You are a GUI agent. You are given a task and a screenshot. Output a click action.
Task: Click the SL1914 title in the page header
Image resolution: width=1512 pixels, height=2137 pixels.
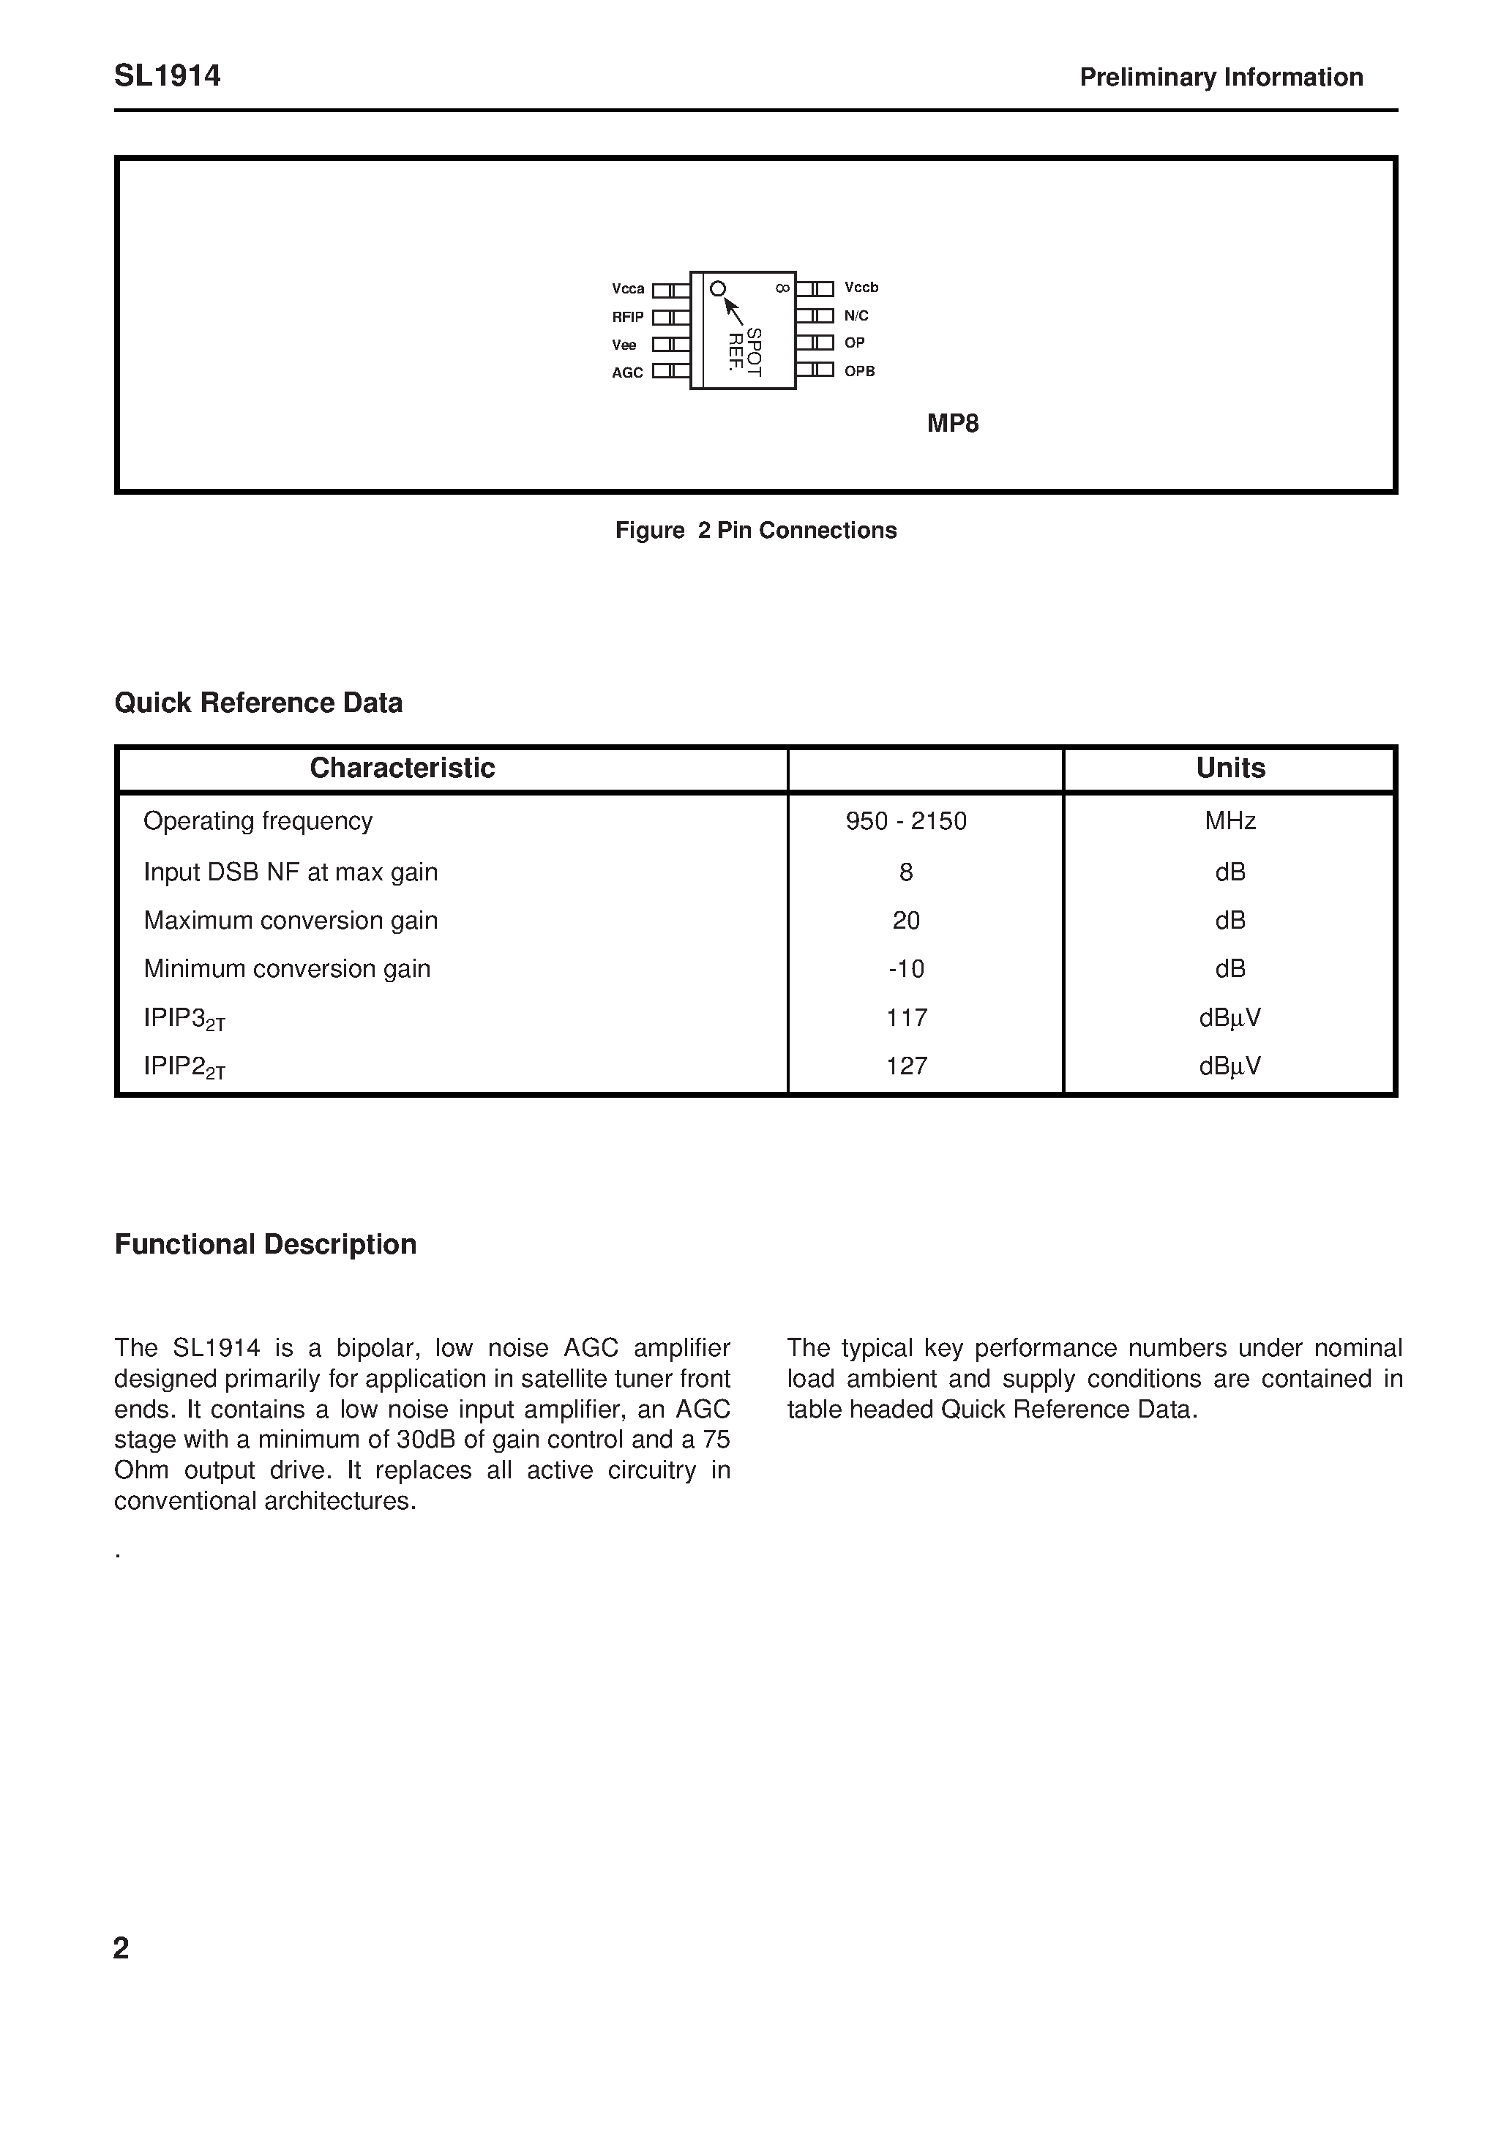click(168, 75)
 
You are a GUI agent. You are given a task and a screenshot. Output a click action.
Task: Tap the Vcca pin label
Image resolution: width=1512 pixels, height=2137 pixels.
click(629, 288)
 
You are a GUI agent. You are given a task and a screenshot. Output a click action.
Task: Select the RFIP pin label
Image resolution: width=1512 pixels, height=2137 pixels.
click(627, 316)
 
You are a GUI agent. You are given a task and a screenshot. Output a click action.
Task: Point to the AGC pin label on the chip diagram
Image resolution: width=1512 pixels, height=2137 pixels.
click(627, 373)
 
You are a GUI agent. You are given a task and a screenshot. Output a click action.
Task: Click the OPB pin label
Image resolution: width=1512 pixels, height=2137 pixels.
click(859, 370)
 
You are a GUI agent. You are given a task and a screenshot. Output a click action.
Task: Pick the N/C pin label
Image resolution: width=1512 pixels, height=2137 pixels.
click(856, 315)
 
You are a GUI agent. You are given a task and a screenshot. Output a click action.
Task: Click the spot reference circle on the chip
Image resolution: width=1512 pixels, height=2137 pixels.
click(718, 290)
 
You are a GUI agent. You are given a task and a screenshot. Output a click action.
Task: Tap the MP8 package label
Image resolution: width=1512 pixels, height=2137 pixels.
click(952, 424)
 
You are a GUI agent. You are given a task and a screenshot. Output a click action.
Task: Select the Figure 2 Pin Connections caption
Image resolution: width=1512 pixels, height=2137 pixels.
click(756, 530)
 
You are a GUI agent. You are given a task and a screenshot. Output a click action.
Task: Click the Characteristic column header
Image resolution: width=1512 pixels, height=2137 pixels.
click(403, 768)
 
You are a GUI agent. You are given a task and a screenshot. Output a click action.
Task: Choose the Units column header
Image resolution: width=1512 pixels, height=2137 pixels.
click(1230, 768)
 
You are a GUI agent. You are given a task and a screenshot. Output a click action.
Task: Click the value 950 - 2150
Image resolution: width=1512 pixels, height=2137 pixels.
click(906, 821)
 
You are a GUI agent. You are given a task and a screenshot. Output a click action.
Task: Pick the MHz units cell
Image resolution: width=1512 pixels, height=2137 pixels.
click(1230, 821)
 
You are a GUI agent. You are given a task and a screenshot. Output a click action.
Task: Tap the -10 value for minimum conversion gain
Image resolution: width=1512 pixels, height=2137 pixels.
click(906, 969)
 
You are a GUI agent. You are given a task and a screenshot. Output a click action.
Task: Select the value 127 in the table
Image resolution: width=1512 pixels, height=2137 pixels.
click(906, 1066)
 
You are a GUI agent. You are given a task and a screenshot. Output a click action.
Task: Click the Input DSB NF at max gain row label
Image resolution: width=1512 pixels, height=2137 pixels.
click(291, 872)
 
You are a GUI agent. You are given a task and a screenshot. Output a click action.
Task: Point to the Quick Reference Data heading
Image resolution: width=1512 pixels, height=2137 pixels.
click(259, 703)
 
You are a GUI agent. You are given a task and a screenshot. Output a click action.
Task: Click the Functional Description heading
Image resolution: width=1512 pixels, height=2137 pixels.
click(266, 1244)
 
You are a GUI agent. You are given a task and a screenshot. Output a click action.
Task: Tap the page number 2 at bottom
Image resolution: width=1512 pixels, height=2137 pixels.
click(121, 1948)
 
